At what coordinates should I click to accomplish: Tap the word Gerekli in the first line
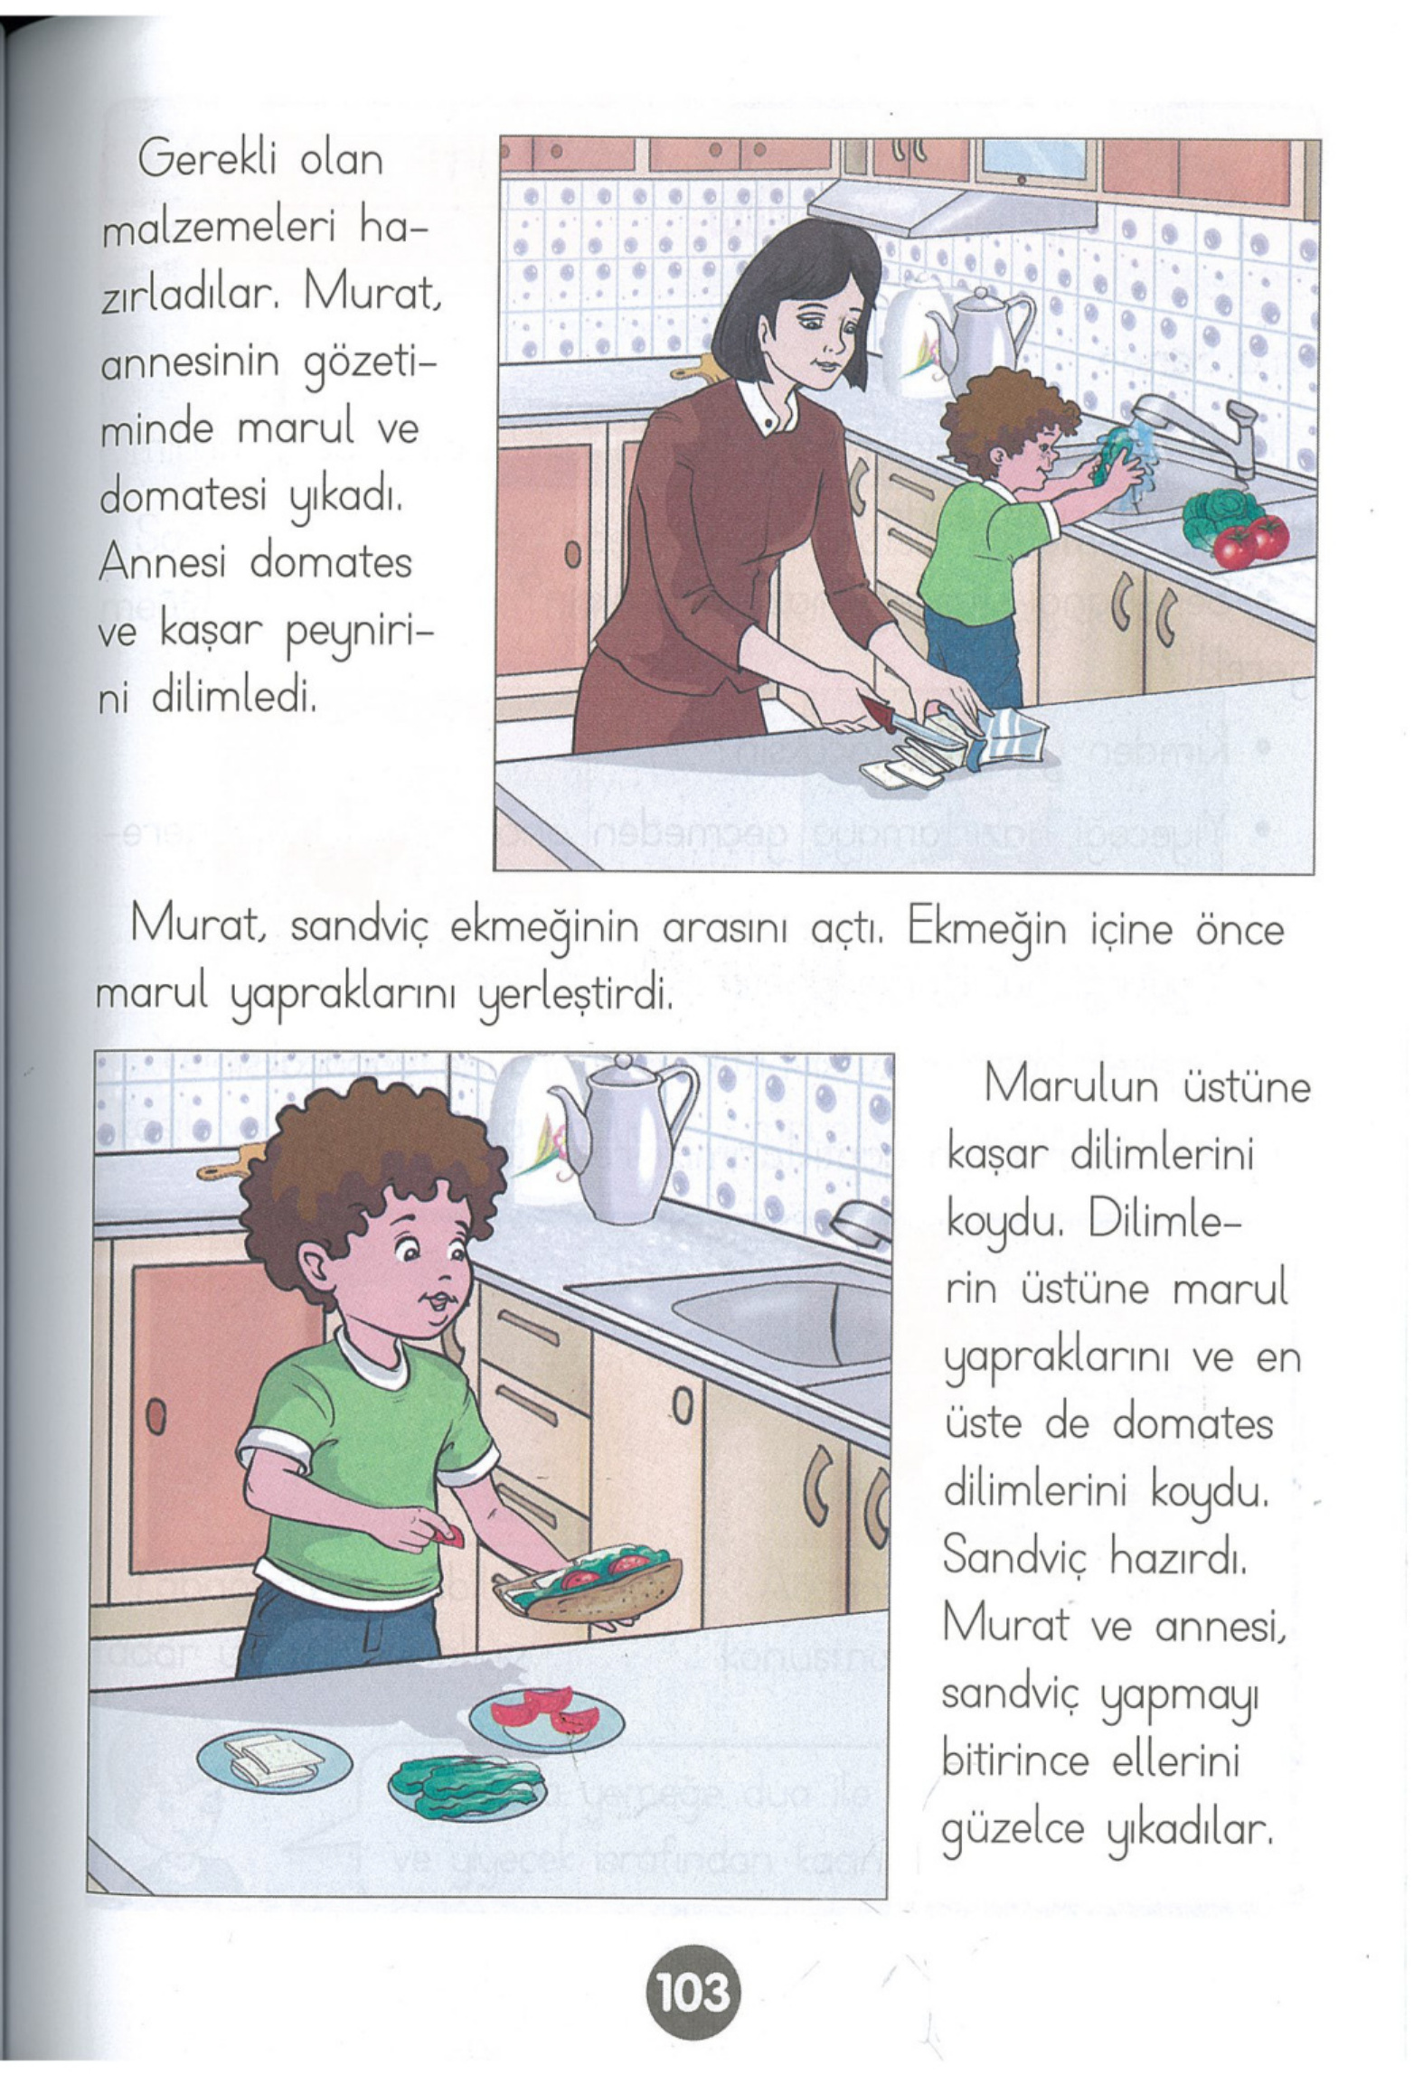(x=196, y=161)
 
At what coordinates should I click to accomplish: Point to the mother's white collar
(x=767, y=406)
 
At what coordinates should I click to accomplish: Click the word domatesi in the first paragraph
(x=184, y=497)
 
